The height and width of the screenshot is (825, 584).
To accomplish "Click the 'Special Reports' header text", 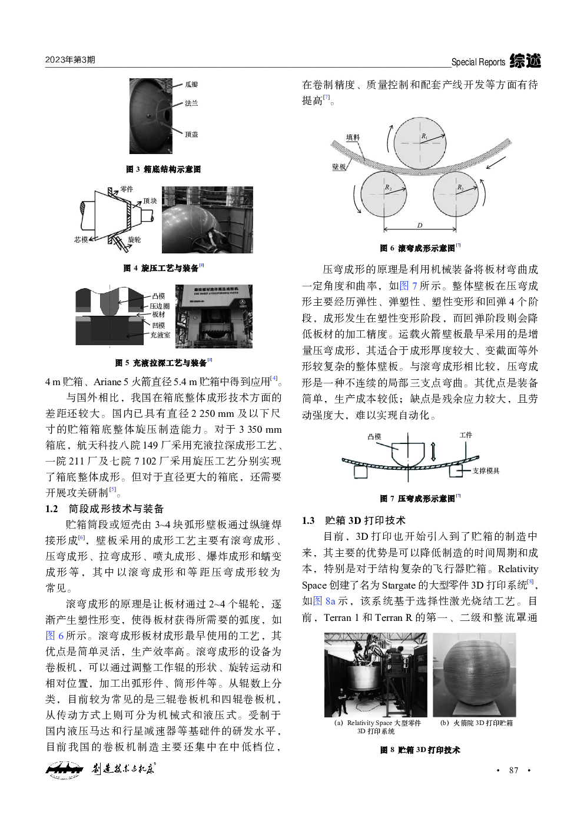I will pyautogui.click(x=478, y=62).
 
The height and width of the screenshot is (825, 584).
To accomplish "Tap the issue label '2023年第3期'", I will pyautogui.click(x=70, y=60).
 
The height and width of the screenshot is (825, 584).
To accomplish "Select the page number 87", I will pyautogui.click(x=513, y=770).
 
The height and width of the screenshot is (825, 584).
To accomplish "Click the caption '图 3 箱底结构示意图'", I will pyautogui.click(x=163, y=169).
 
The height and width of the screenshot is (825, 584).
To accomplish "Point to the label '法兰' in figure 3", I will pyautogui.click(x=191, y=103).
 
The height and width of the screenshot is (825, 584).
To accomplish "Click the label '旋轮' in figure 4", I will pyautogui.click(x=134, y=240).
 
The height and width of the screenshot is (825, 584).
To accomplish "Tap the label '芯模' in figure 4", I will pyautogui.click(x=81, y=240).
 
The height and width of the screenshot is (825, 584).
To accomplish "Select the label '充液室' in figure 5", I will pyautogui.click(x=160, y=335).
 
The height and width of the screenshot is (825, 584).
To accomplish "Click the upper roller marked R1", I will pyautogui.click(x=419, y=143).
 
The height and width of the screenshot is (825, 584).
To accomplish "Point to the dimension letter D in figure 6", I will pyautogui.click(x=419, y=225).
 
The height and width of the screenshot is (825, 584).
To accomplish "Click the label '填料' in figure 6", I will pyautogui.click(x=353, y=138).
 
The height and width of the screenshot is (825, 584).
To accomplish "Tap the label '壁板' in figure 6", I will pyautogui.click(x=339, y=167).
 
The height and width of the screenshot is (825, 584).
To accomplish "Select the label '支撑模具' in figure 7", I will pyautogui.click(x=486, y=471).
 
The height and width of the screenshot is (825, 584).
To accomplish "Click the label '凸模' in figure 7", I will pyautogui.click(x=374, y=437).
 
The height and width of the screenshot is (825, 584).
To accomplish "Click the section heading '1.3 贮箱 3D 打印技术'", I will pyautogui.click(x=354, y=520).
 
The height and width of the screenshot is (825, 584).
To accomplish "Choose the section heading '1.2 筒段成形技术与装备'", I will pyautogui.click(x=105, y=509).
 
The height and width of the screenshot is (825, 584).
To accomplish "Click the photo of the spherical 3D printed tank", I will pyautogui.click(x=474, y=674).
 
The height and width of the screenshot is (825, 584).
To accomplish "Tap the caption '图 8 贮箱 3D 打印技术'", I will pyautogui.click(x=420, y=750).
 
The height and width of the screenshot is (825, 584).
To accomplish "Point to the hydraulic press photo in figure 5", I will pyautogui.click(x=214, y=316).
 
